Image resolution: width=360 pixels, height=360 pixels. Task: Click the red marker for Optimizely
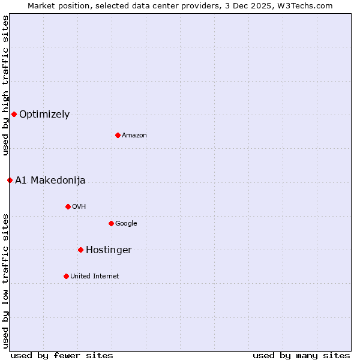[x=14, y=114]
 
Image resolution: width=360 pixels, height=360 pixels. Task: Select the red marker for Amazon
[x=118, y=135]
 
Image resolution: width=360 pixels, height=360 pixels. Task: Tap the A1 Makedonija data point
[x=10, y=180]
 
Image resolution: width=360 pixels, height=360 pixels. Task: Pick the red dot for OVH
[x=68, y=206]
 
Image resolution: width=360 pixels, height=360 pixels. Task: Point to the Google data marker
[x=111, y=223]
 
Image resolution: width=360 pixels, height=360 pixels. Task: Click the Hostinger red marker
[x=80, y=250]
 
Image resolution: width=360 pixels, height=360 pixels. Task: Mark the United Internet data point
[x=66, y=276]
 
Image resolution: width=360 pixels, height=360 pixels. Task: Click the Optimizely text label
[x=44, y=115]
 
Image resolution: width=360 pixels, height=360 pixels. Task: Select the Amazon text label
[x=134, y=136]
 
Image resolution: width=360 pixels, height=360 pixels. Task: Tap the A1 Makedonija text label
[x=50, y=181]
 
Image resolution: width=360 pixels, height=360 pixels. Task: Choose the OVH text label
[x=79, y=207]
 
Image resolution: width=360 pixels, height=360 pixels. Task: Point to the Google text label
[x=126, y=224]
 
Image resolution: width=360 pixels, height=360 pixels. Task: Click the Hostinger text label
[x=109, y=250]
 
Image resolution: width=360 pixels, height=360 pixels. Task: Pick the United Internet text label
[x=95, y=277]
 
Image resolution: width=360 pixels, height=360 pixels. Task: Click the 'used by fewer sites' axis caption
[x=62, y=355]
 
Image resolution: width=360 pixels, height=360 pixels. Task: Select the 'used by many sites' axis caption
[x=301, y=355]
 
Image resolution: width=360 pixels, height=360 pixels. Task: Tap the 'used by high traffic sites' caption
[x=5, y=85]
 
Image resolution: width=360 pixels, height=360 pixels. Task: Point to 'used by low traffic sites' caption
[x=5, y=281]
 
